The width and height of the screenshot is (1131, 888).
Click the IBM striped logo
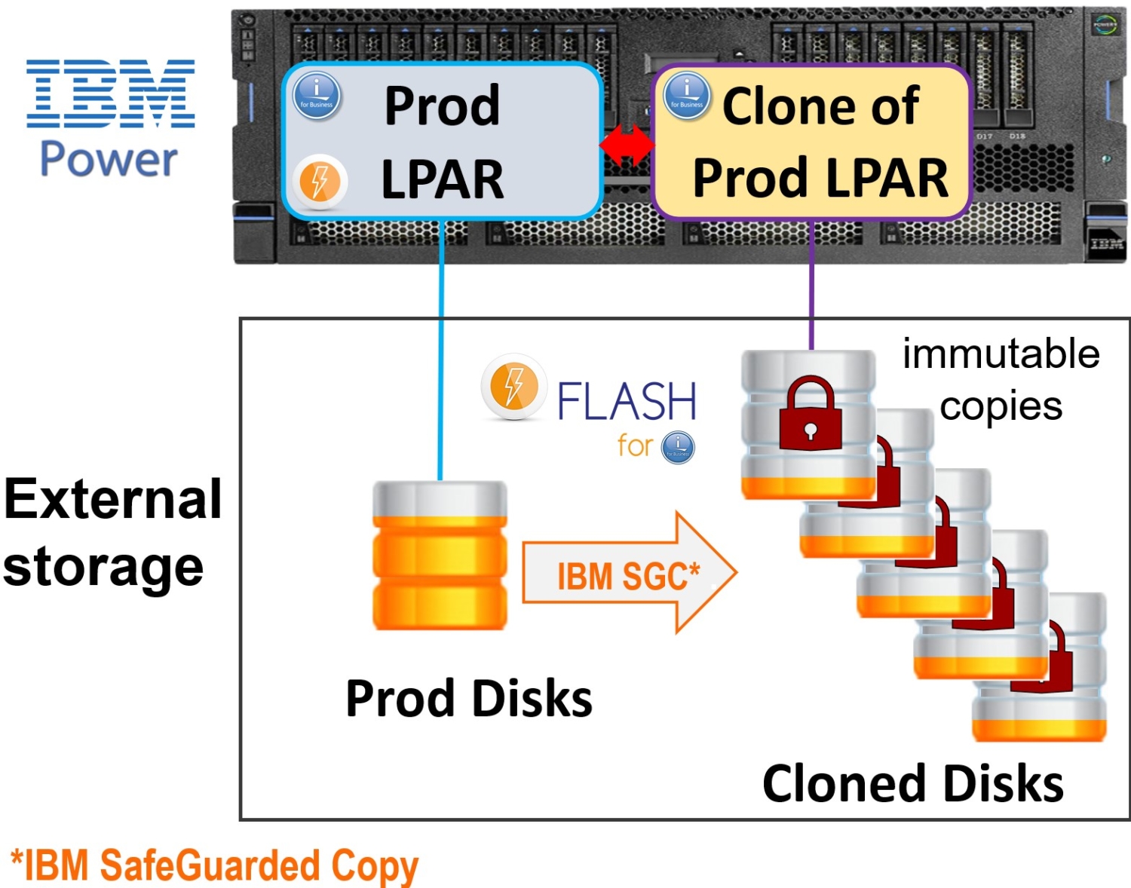111,93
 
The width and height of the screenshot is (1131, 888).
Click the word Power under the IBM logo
109,159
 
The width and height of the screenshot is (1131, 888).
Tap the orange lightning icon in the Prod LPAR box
319,181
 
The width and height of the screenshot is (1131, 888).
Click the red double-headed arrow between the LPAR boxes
627,145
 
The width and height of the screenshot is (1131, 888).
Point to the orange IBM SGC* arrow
628,574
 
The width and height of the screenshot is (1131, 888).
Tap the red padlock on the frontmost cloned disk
810,415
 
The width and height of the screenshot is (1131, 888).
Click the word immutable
1001,354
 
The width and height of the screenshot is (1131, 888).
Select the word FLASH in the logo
627,401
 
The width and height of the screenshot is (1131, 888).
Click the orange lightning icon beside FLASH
513,385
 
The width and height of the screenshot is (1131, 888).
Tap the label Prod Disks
468,699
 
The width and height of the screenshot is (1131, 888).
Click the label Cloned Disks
912,784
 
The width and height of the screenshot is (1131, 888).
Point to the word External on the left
113,499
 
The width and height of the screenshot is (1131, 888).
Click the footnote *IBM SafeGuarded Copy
214,865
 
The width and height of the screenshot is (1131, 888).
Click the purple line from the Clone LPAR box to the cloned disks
812,286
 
